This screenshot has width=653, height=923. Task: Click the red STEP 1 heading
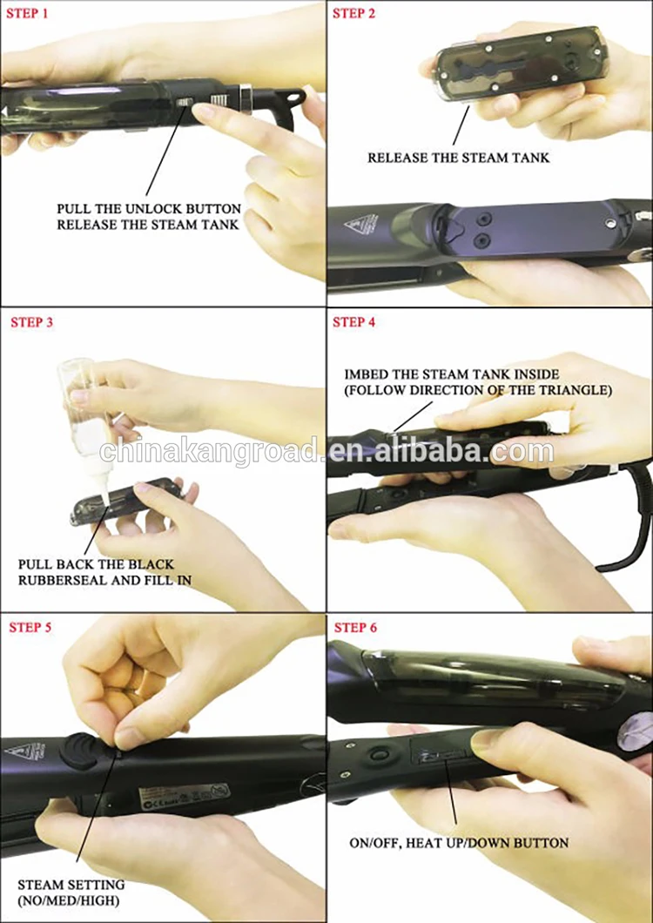click(27, 14)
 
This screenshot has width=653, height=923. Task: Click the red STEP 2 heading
click(353, 13)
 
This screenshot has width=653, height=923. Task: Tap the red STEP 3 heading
click(32, 322)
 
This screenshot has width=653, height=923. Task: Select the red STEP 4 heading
click(353, 322)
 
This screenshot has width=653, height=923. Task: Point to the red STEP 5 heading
click(30, 628)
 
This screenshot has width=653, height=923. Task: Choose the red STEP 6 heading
click(355, 628)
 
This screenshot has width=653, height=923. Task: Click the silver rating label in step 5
click(184, 795)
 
